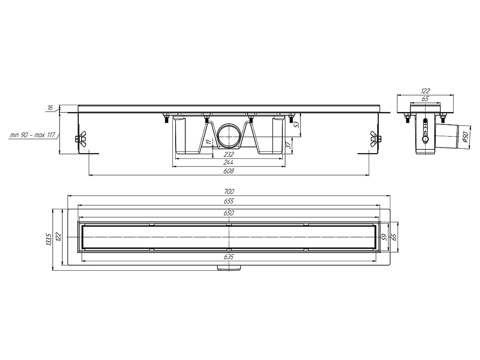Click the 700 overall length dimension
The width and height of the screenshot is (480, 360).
pyautogui.click(x=228, y=192)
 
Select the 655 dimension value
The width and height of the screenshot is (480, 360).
pyautogui.click(x=228, y=201)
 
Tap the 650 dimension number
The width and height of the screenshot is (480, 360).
pyautogui.click(x=228, y=213)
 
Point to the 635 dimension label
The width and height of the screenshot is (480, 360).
pyautogui.click(x=228, y=257)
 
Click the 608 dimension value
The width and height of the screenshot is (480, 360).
pyautogui.click(x=228, y=171)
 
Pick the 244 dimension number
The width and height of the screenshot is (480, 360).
pyautogui.click(x=228, y=162)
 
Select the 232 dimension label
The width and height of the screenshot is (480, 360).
pyautogui.click(x=228, y=154)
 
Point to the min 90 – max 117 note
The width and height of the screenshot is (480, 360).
pyautogui.click(x=32, y=135)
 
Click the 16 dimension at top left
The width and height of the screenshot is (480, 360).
pyautogui.click(x=50, y=108)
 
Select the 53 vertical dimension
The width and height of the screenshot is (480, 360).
pyautogui.click(x=296, y=125)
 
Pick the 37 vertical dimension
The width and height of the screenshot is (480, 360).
pyautogui.click(x=288, y=145)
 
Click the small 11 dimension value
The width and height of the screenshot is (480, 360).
pyautogui.click(x=208, y=142)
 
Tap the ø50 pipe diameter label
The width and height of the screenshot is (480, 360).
pyautogui.click(x=464, y=136)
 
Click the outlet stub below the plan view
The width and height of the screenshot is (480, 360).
pyautogui.click(x=229, y=267)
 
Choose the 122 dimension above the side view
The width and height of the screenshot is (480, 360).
pyautogui.click(x=425, y=91)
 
